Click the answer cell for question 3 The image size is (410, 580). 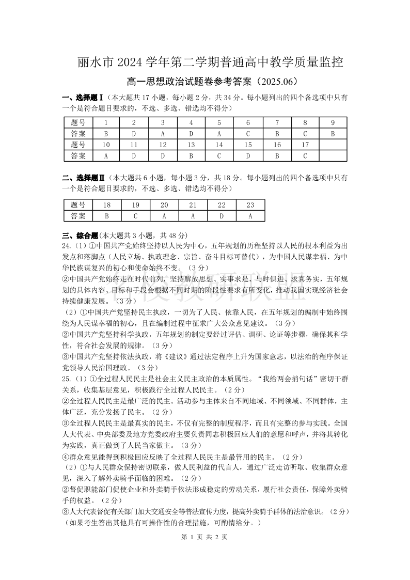[163, 133]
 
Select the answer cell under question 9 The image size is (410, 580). [333, 133]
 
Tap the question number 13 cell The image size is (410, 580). [191, 144]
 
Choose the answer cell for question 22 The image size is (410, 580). [222, 216]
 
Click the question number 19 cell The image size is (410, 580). [135, 205]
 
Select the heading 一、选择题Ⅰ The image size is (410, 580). [84, 97]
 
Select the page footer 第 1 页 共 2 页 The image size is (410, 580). [205, 537]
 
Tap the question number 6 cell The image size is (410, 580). [248, 122]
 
